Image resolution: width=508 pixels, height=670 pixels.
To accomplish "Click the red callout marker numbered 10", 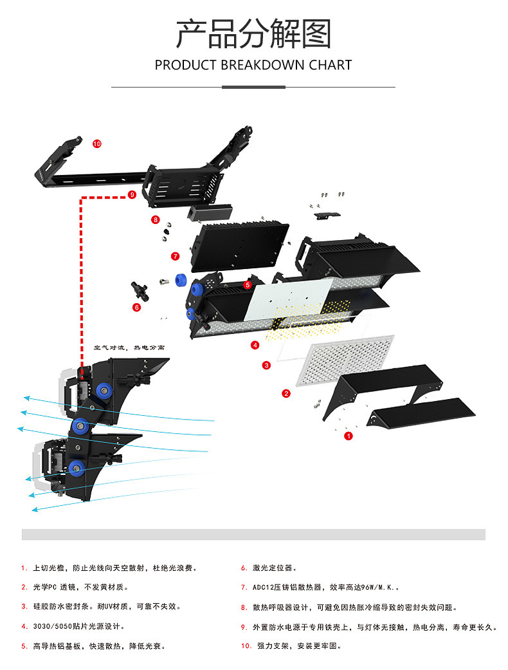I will click(x=97, y=144).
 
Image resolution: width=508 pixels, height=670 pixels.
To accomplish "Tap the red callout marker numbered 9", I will click(x=132, y=194).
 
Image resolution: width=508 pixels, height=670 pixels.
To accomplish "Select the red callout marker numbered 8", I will click(x=155, y=219).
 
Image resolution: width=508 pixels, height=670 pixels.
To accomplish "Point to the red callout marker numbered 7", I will click(x=175, y=256).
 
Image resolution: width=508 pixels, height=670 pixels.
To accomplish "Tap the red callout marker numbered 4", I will click(x=255, y=345).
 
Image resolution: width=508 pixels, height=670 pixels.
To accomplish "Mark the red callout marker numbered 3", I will click(x=266, y=365).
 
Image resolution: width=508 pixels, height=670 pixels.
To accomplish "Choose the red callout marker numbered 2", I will click(x=286, y=393).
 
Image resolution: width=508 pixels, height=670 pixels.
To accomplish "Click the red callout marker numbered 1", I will click(x=349, y=436).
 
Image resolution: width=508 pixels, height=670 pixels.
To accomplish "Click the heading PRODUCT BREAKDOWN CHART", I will click(x=253, y=65).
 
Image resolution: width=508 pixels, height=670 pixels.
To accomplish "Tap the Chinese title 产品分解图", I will click(x=253, y=34).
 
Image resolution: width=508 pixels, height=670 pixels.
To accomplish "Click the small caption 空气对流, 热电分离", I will click(x=129, y=347).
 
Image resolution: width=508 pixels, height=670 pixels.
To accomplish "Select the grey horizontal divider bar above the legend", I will click(x=253, y=535).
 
